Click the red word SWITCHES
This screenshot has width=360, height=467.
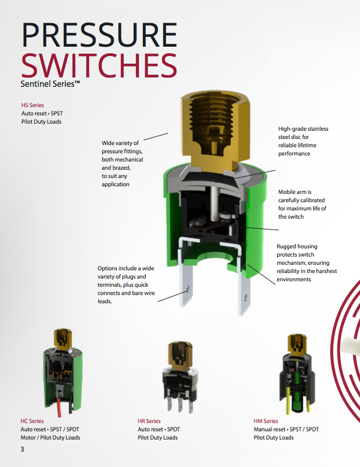click(99, 66)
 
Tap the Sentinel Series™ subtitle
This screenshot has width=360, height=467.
click(51, 85)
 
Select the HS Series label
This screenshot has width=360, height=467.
click(32, 105)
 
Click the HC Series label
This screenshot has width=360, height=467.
click(32, 421)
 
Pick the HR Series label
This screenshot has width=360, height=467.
click(149, 421)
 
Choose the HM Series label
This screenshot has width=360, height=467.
click(266, 421)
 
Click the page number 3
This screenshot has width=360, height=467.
click(23, 449)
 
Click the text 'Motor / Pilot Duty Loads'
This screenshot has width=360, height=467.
click(51, 437)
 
